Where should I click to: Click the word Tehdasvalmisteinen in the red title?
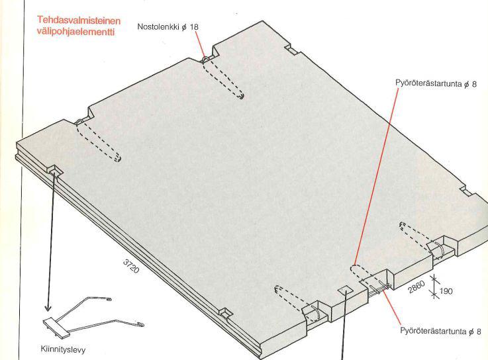pyautogui.click(x=79, y=21)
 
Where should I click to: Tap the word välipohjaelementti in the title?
pyautogui.click(x=76, y=31)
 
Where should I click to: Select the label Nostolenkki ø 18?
pyautogui.click(x=168, y=26)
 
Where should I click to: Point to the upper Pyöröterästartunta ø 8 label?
pyautogui.click(x=436, y=83)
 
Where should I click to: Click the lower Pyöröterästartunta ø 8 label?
pyautogui.click(x=441, y=331)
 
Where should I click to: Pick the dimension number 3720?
pyautogui.click(x=131, y=266)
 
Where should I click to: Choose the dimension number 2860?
pyautogui.click(x=416, y=287)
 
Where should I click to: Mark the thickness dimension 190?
pyautogui.click(x=446, y=291)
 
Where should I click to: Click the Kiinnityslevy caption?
pyautogui.click(x=63, y=349)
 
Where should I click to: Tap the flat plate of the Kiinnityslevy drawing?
pyautogui.click(x=57, y=328)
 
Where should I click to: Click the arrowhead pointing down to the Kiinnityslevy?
pyautogui.click(x=48, y=308)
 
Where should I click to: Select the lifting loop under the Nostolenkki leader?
pyautogui.click(x=205, y=59)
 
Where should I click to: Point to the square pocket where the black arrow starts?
pyautogui.click(x=55, y=170)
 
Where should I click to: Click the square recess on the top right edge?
pyautogui.click(x=292, y=49)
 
